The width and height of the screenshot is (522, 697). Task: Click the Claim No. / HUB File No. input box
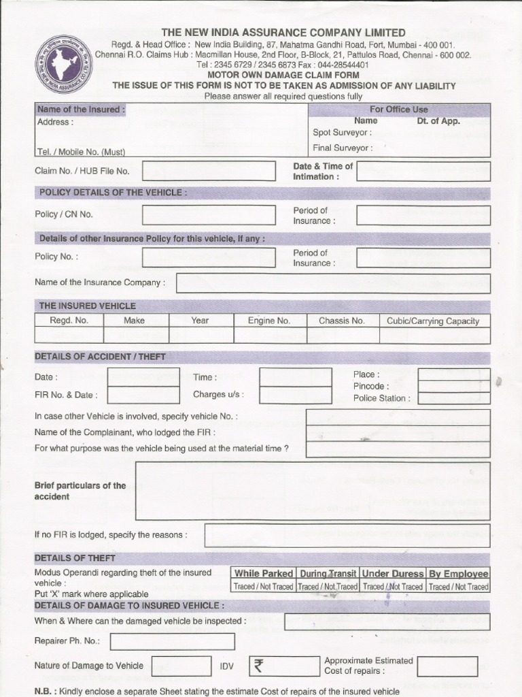pos(209,171)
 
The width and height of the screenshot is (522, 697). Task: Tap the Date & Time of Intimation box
pos(423,172)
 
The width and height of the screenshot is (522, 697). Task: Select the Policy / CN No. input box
pos(209,214)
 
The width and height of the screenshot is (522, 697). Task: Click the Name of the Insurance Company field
pos(333,283)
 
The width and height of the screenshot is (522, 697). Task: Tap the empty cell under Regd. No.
pos(69,335)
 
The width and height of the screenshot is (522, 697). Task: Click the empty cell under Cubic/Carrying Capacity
pos(433,335)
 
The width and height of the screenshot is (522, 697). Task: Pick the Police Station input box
pos(453,399)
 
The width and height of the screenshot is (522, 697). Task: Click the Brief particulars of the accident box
pos(312,491)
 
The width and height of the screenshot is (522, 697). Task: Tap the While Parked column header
pos(264,574)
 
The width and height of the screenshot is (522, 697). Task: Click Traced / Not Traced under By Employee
pos(458,587)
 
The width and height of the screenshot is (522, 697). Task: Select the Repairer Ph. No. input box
pos(173,641)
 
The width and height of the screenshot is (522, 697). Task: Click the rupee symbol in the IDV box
pos(258,666)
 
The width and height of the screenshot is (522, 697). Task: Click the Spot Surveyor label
pos(342,133)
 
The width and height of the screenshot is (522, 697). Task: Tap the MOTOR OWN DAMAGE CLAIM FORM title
pos(283,75)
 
